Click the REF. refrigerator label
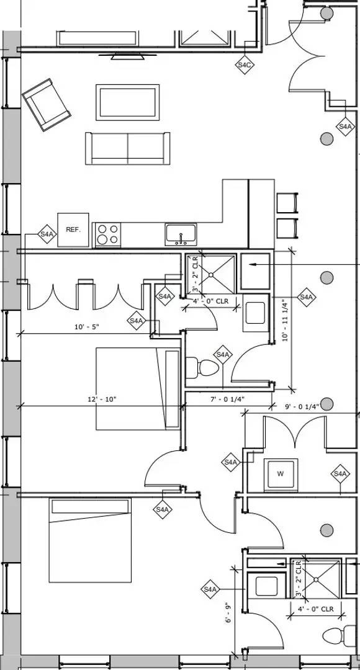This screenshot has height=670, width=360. (73, 230)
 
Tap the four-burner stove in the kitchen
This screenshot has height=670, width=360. (107, 234)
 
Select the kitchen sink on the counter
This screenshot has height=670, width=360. (181, 234)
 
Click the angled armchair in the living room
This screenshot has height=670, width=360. (46, 105)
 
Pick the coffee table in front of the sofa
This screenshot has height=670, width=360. (128, 102)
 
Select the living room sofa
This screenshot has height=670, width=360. (127, 148)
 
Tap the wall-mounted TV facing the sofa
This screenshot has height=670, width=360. (127, 56)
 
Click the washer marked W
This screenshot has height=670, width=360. (281, 474)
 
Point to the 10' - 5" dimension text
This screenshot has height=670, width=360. (87, 327)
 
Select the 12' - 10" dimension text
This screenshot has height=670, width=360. (102, 399)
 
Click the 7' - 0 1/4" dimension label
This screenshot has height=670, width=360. (227, 399)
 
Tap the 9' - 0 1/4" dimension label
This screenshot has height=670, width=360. (302, 407)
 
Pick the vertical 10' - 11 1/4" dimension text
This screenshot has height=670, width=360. (285, 318)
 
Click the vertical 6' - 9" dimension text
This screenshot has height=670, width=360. (228, 612)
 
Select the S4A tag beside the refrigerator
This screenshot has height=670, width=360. (47, 234)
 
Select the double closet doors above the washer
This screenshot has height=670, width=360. (295, 432)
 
